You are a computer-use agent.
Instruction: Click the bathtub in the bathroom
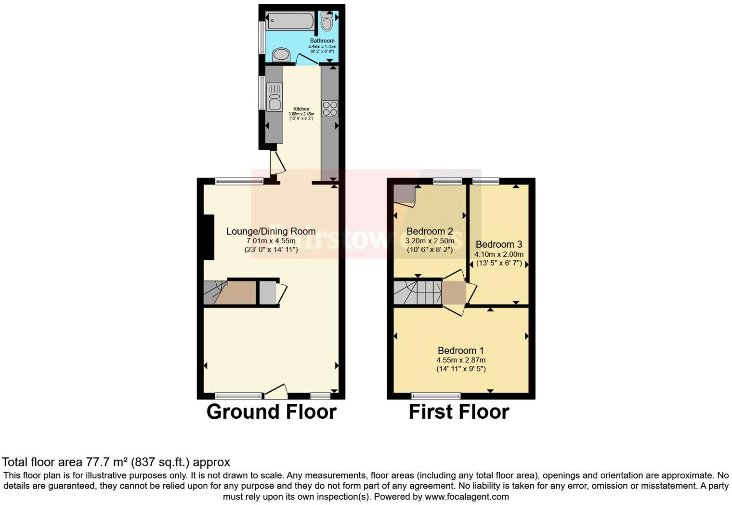290,20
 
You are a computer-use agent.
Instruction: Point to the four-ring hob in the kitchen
330,108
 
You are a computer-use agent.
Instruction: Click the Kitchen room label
301,109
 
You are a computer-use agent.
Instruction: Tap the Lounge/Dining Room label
271,231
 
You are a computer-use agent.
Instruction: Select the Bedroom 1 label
460,350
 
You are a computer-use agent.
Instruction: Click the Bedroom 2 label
430,231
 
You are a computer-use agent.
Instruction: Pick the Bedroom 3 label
498,244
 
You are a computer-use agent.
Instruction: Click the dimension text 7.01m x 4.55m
271,240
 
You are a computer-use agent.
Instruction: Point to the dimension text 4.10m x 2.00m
498,254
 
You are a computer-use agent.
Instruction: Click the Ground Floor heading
271,412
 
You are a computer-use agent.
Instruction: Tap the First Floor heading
458,412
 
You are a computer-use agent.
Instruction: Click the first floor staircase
418,292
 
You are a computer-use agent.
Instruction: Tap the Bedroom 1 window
436,396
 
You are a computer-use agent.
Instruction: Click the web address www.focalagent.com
467,496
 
